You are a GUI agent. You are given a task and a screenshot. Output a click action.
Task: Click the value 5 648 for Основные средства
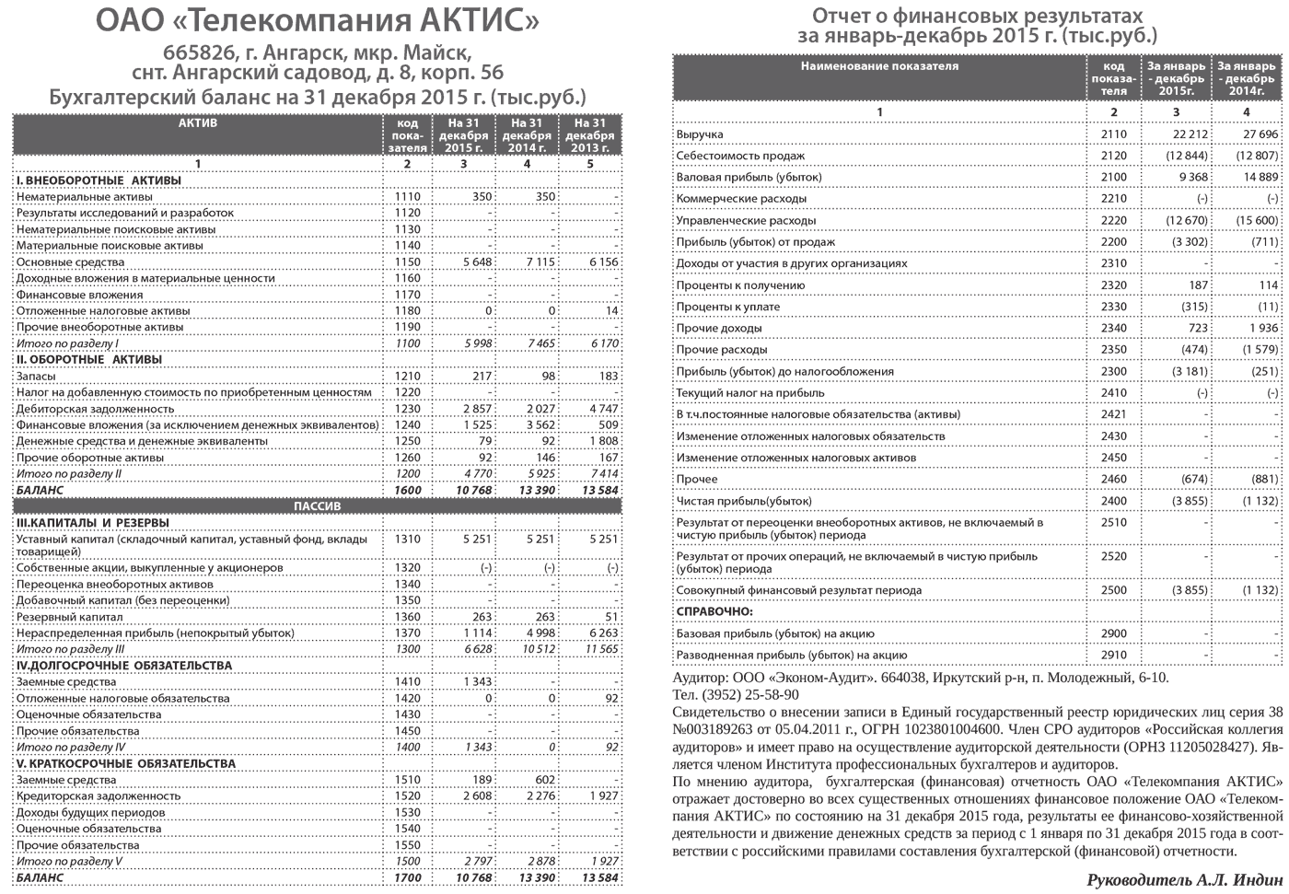point(477,262)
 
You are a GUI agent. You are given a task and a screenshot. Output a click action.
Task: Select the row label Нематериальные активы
point(77,197)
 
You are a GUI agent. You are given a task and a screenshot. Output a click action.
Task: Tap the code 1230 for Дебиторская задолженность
point(407,409)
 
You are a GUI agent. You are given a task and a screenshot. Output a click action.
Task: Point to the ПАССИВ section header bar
point(317,506)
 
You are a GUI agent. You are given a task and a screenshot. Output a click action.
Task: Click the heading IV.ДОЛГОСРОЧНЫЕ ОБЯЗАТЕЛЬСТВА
point(124,666)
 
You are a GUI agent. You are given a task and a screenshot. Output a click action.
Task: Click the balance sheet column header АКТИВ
point(198,123)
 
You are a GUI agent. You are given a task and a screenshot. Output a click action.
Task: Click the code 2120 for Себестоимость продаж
point(1113,156)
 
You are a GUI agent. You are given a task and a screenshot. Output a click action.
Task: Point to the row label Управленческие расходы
point(746,221)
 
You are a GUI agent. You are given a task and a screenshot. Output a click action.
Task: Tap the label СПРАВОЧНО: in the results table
point(714,611)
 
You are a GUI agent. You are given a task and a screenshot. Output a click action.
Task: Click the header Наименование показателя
point(879,66)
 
